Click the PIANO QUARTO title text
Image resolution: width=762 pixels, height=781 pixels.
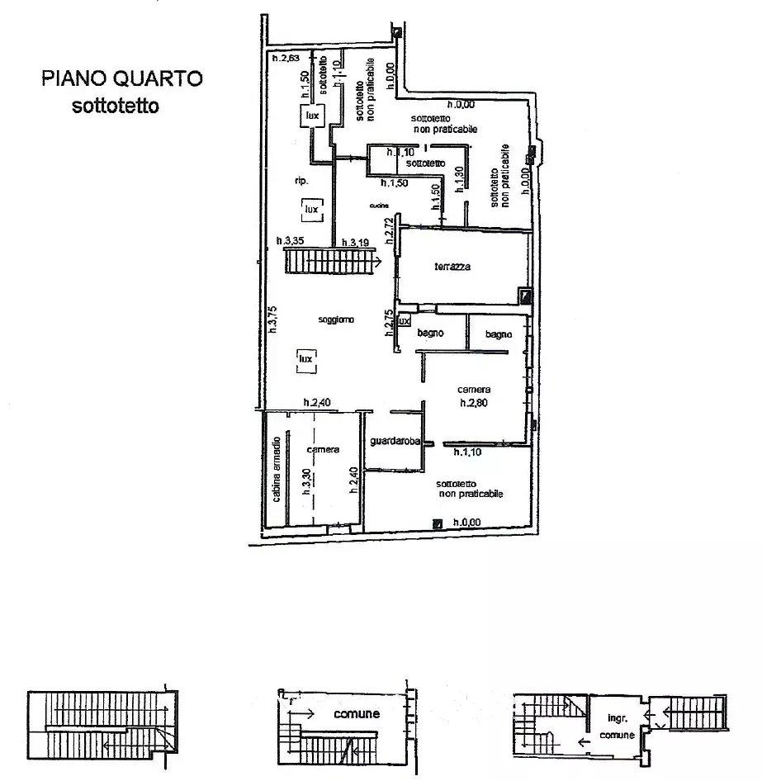(x=122, y=79)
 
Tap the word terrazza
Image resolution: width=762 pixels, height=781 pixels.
(x=453, y=267)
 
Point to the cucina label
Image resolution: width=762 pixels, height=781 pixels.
(x=379, y=206)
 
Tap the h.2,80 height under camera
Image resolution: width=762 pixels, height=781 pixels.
(x=474, y=404)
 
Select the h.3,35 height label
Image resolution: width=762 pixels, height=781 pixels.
(x=290, y=241)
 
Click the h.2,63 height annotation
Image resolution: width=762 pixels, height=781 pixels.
(x=288, y=59)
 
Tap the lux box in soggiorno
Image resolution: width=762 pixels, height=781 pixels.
(x=306, y=359)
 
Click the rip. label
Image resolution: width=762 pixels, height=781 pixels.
(x=301, y=182)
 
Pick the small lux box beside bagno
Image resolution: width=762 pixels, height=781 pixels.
(x=404, y=321)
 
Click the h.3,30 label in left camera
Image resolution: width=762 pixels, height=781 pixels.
(x=305, y=480)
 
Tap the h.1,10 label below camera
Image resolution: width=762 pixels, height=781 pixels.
(x=468, y=453)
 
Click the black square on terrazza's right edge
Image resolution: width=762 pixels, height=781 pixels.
(x=524, y=295)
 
